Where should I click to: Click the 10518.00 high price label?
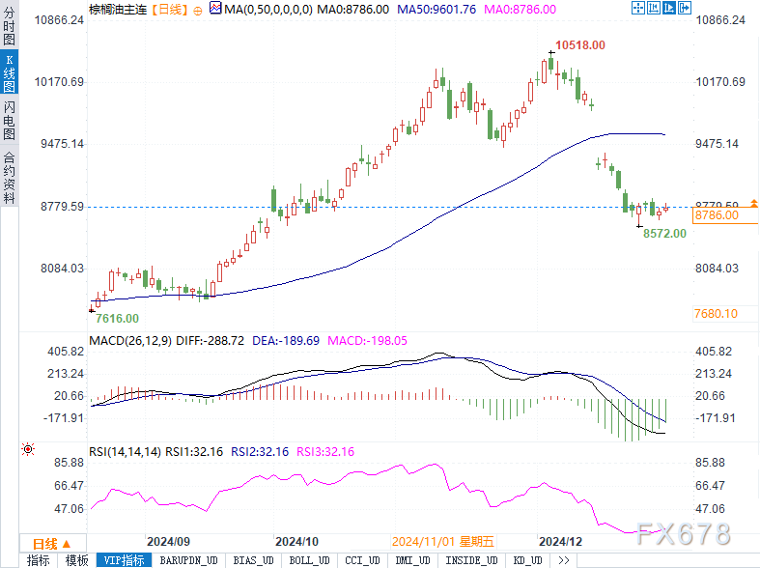point(579,45)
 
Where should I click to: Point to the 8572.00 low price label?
point(664,233)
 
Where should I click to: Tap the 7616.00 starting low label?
point(118,318)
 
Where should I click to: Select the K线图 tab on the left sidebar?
point(9,73)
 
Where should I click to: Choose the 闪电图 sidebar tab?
point(9,120)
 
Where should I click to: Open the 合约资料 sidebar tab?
point(9,177)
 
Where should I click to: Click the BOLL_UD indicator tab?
point(310,560)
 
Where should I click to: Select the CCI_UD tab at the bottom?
point(362,560)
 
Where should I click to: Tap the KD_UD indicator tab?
point(527,560)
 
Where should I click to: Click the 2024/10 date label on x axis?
point(296,542)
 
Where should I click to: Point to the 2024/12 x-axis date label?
point(560,542)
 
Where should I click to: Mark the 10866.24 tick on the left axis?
point(60,20)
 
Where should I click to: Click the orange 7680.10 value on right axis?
point(717,314)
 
